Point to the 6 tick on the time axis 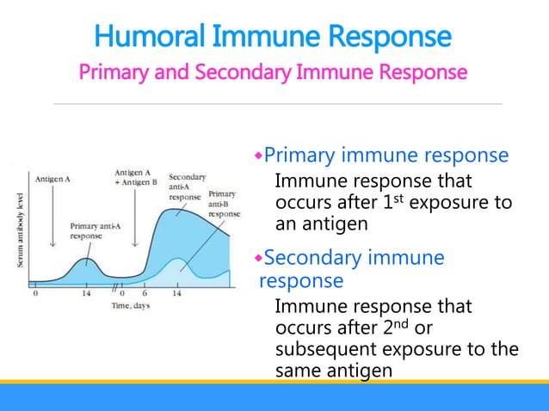tap(144, 293)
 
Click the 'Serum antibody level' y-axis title tap(21, 227)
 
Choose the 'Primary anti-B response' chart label tap(222, 203)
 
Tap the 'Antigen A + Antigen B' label tap(134, 177)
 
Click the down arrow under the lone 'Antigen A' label tap(54, 215)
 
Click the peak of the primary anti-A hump tap(85, 258)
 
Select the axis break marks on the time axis tap(114, 285)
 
